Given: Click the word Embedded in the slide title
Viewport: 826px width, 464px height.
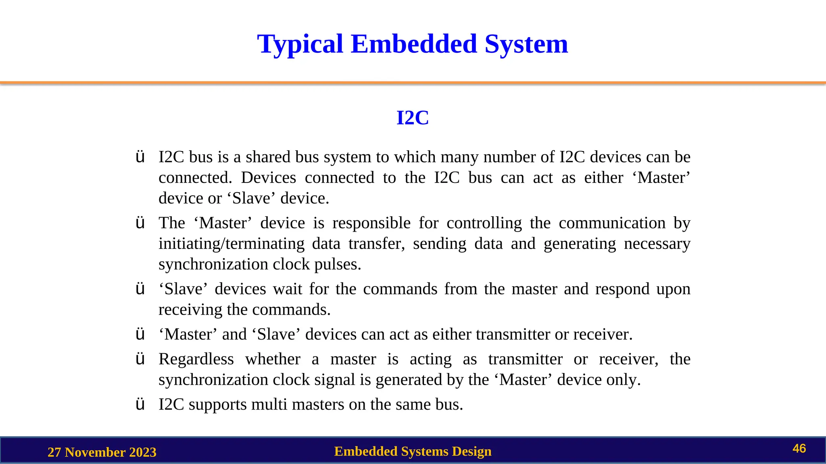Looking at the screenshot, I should tap(414, 44).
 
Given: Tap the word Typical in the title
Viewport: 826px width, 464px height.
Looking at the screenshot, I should tap(300, 45).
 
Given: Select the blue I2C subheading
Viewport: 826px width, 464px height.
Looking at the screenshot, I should tap(413, 118).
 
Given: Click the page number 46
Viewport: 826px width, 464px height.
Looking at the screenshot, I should tap(799, 449).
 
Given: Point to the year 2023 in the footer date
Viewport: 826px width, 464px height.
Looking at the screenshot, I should tap(143, 452).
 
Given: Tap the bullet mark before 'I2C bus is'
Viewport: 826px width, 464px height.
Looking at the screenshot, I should tap(140, 157).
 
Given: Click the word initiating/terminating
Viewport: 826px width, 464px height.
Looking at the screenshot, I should tap(232, 244).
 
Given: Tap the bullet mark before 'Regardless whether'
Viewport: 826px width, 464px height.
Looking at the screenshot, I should tap(140, 359).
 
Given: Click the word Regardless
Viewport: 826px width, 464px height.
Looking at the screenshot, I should tap(196, 359).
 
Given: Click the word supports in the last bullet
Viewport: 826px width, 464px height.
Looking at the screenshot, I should tap(217, 405).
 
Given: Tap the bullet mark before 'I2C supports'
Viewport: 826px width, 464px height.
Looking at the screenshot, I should tap(140, 405).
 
